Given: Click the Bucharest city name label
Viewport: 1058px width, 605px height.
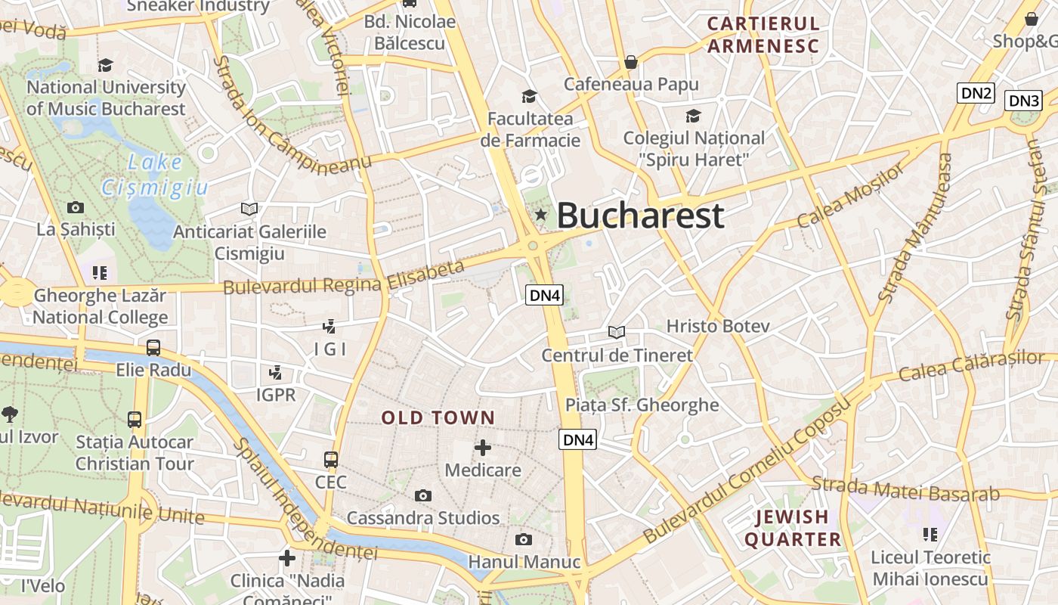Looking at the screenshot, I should pyautogui.click(x=640, y=216).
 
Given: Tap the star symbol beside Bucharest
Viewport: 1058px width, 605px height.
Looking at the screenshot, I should pyautogui.click(x=540, y=216).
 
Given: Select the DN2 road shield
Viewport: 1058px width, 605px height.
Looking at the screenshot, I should pyautogui.click(x=976, y=93).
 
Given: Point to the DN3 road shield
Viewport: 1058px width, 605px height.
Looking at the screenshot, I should pyautogui.click(x=1024, y=101).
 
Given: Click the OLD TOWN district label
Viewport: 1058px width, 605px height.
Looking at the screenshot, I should pyautogui.click(x=438, y=417).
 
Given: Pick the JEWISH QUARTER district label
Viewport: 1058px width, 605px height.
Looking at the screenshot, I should pyautogui.click(x=793, y=528).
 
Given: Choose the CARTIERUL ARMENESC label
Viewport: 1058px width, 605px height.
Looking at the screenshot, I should pyautogui.click(x=763, y=35).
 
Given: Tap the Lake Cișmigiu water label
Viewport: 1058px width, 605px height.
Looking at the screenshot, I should pyautogui.click(x=155, y=175).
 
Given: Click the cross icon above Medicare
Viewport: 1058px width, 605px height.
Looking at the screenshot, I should pyautogui.click(x=483, y=448).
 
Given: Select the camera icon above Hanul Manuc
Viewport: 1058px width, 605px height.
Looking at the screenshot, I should pyautogui.click(x=523, y=539).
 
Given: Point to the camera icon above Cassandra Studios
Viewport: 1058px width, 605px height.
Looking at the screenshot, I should pyautogui.click(x=423, y=495).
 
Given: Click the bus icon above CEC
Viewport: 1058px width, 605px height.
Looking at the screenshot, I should pyautogui.click(x=331, y=459).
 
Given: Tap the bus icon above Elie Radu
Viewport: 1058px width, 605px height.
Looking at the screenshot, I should pyautogui.click(x=153, y=348).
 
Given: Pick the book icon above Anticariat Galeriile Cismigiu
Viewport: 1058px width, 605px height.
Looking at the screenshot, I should pyautogui.click(x=249, y=208).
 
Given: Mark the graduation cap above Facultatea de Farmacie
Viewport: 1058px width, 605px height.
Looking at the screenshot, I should pyautogui.click(x=529, y=96).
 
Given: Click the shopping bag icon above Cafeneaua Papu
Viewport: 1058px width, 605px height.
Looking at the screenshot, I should pyautogui.click(x=631, y=61).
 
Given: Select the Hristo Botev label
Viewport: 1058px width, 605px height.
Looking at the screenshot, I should pyautogui.click(x=717, y=326).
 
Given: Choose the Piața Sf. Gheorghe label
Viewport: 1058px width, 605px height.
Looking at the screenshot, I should pyautogui.click(x=642, y=405).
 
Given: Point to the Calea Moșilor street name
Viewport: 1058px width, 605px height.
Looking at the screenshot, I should pyautogui.click(x=850, y=196).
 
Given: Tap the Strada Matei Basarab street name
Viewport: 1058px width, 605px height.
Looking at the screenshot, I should pyautogui.click(x=905, y=489).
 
